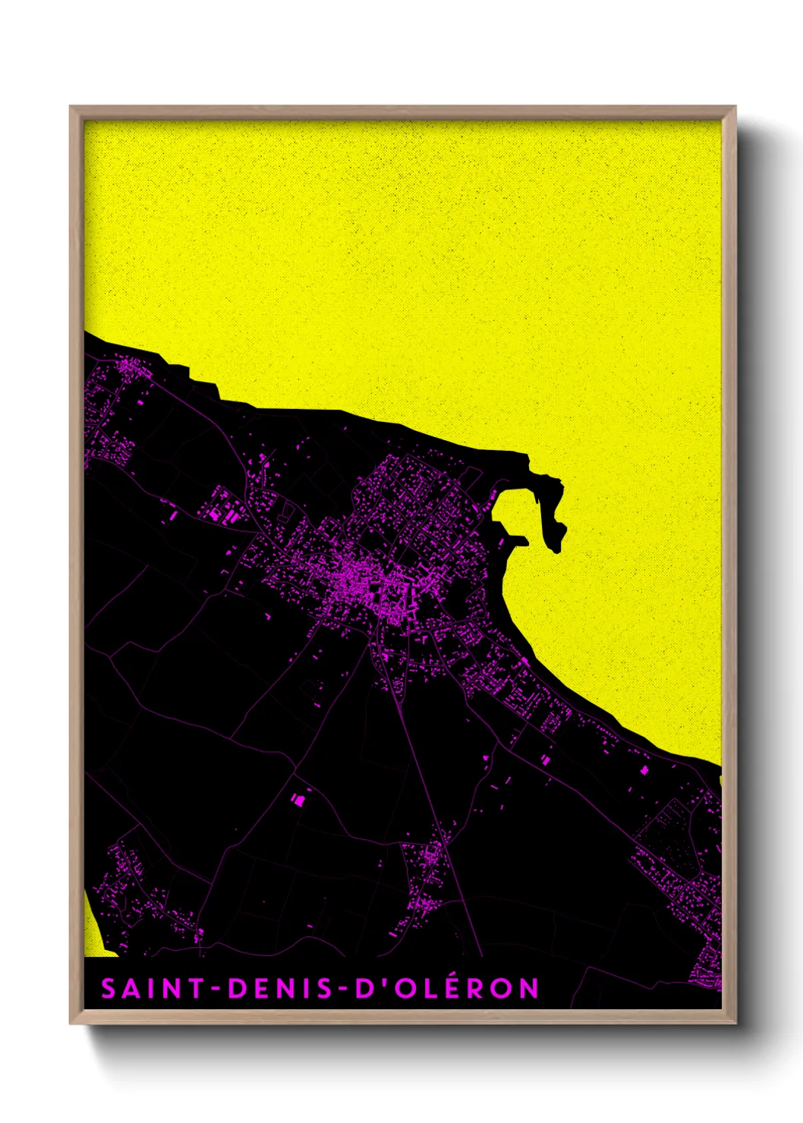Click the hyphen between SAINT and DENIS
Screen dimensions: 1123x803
(216, 989)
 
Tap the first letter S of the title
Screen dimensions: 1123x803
(109, 989)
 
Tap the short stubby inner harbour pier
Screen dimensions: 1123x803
(517, 540)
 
